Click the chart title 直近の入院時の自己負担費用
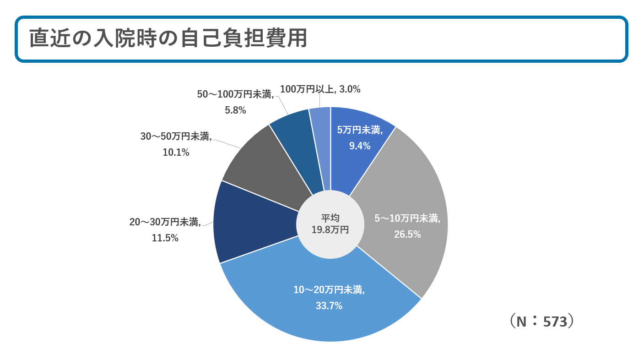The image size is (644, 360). point(168,39)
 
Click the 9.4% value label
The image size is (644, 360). point(359,146)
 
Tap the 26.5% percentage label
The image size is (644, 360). point(407,235)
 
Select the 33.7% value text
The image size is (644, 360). point(329,306)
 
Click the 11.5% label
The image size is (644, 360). point(165,238)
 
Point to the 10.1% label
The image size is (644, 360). point(176,153)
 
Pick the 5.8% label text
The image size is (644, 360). point(235,110)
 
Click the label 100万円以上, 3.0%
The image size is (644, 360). point(320,90)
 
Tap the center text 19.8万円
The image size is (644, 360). point(330,230)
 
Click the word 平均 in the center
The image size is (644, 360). point(330,218)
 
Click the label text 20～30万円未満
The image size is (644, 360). point(165,223)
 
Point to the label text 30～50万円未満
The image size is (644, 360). point(176,136)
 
